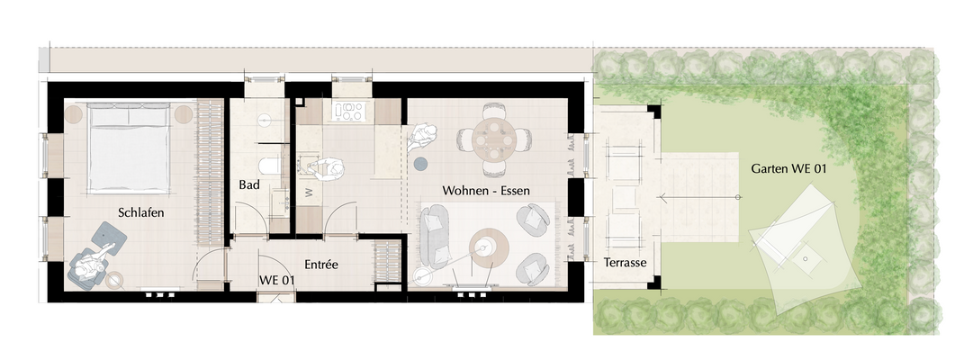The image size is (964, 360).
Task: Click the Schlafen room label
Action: pyautogui.click(x=140, y=212)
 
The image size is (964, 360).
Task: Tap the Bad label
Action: pyautogui.click(x=249, y=184)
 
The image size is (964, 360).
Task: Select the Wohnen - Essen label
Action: pyautogui.click(x=486, y=191)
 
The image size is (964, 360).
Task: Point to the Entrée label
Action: pyautogui.click(x=321, y=265)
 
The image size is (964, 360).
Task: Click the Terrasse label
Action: pyautogui.click(x=625, y=262)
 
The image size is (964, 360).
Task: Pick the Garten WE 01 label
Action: pyautogui.click(x=788, y=168)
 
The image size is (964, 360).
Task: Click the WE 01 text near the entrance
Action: pyautogui.click(x=276, y=280)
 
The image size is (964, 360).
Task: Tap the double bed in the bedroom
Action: pyautogui.click(x=129, y=148)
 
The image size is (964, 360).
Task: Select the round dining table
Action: pyautogui.click(x=494, y=139)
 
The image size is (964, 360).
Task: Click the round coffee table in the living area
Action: pyautogui.click(x=489, y=248)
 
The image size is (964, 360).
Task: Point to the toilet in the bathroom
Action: pyautogui.click(x=269, y=166)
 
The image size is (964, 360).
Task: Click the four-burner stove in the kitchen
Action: pyautogui.click(x=347, y=111)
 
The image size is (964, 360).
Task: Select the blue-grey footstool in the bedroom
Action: pyautogui.click(x=110, y=235)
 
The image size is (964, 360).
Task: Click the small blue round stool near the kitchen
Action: pyautogui.click(x=420, y=164)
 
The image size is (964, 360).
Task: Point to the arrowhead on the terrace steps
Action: pyautogui.click(x=662, y=198)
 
